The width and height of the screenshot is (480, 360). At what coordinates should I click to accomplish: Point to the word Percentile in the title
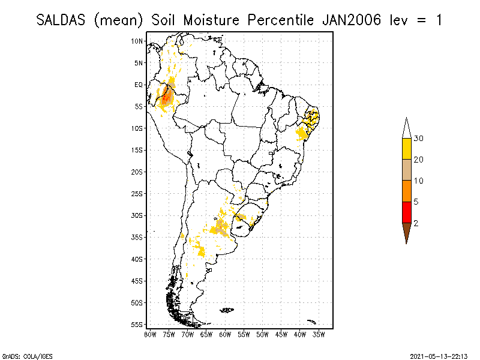click(x=278, y=20)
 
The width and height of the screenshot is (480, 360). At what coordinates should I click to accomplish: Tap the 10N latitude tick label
click(x=137, y=41)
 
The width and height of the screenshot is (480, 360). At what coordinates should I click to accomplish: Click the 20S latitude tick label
click(x=137, y=172)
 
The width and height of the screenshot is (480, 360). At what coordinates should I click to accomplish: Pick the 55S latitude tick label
click(x=137, y=324)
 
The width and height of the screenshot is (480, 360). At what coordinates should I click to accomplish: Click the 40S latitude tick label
click(x=137, y=259)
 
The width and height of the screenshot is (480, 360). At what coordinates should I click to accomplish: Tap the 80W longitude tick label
click(x=150, y=334)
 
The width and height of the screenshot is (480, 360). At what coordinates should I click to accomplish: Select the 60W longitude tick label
click(x=225, y=334)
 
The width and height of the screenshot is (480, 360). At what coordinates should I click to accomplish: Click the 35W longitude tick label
click(x=319, y=334)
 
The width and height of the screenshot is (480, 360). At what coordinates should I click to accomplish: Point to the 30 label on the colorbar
click(x=419, y=139)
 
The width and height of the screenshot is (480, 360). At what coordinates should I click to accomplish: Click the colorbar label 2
click(x=416, y=223)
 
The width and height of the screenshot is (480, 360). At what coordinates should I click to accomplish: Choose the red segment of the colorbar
click(x=406, y=212)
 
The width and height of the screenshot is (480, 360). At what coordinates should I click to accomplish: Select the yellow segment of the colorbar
click(x=406, y=149)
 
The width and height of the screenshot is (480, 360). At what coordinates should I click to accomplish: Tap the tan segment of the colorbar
click(x=406, y=170)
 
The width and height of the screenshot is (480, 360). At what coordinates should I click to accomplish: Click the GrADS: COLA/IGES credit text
click(x=20, y=355)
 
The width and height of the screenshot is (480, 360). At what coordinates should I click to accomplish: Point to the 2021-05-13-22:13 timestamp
click(x=439, y=355)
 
